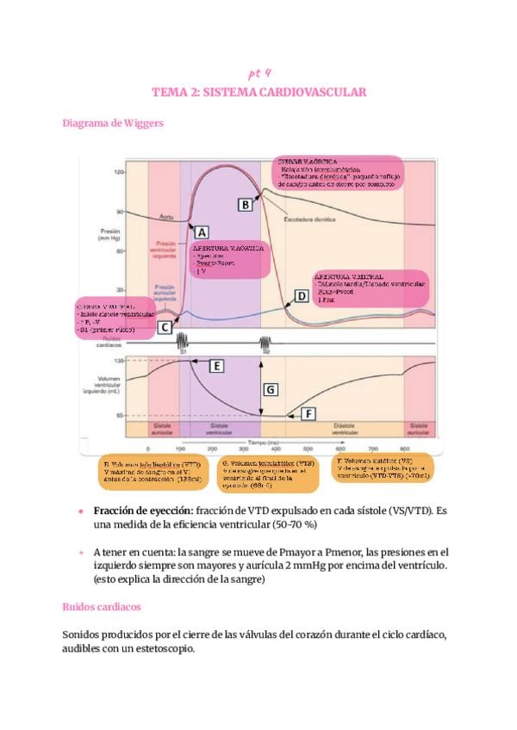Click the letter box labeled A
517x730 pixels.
point(202,232)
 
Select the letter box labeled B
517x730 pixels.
point(246,204)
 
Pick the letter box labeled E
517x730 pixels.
point(217,367)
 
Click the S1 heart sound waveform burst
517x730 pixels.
point(184,341)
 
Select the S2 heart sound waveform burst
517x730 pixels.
point(266,341)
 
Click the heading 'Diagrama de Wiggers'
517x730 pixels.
point(113,123)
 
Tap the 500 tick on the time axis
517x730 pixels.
point(309,449)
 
